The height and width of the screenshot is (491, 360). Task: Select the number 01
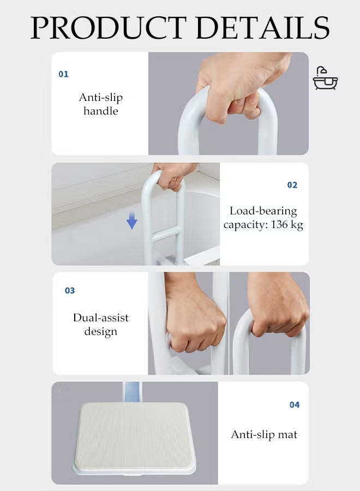coord(64,74)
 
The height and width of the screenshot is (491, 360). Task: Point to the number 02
coord(292,185)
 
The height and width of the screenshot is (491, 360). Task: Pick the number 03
coord(70,290)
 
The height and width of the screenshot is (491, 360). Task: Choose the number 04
coord(295,404)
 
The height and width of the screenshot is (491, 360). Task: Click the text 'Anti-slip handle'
coord(101,104)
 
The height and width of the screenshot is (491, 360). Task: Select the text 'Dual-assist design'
coord(101,324)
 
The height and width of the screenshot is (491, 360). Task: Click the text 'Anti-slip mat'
coord(264,434)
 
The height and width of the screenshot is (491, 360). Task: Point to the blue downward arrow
coord(132,220)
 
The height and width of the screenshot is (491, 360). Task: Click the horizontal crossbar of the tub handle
coord(164,236)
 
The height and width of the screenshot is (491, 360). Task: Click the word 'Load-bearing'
coord(263,211)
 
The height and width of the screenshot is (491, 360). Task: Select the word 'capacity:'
coord(244,225)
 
